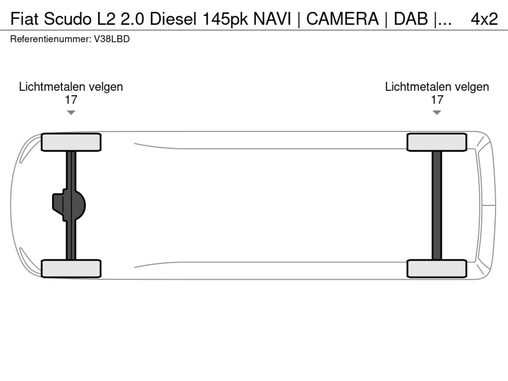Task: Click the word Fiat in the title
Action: point(24,19)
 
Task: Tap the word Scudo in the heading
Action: point(68,19)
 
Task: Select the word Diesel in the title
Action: point(173,19)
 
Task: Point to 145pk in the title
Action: point(225,19)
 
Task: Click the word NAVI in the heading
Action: point(272,19)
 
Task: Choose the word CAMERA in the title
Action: point(343,19)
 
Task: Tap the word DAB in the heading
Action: point(411,19)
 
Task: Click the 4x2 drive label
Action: point(484,19)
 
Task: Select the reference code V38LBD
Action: point(112,39)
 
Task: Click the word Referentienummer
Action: point(51,39)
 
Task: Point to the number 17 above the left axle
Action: point(71,100)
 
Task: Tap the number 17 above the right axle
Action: point(437,100)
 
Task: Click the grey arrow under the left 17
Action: point(71,112)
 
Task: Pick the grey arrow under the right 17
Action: point(437,112)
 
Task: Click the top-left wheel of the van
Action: point(71,142)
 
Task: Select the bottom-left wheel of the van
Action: point(71,269)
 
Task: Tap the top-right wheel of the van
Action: point(437,142)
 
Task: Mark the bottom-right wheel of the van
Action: point(437,269)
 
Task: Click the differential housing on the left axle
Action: point(69,205)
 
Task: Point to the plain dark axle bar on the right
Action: point(437,206)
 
